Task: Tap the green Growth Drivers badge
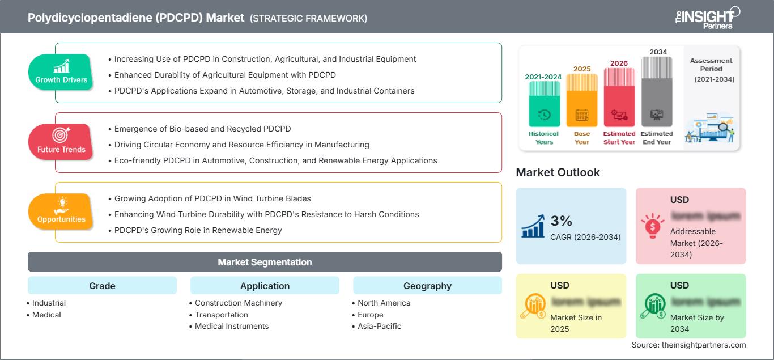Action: click(61, 72)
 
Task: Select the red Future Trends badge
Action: click(60, 142)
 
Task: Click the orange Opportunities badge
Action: click(61, 211)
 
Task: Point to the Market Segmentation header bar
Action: click(265, 262)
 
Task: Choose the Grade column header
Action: click(102, 286)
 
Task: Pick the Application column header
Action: click(265, 286)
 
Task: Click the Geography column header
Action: click(427, 286)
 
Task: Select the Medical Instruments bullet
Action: click(232, 326)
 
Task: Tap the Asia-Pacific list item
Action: click(380, 326)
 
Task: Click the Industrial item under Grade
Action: click(49, 303)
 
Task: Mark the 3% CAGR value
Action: click(561, 221)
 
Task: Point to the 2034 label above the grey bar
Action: click(658, 52)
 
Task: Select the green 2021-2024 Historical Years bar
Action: click(544, 104)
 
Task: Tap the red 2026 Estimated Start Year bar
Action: click(619, 97)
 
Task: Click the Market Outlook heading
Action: click(558, 172)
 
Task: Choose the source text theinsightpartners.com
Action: click(689, 345)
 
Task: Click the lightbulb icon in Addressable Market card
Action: click(652, 225)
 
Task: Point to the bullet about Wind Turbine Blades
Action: click(212, 198)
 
